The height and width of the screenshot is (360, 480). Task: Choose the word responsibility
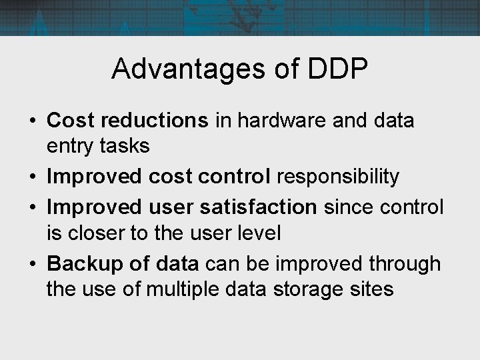338,177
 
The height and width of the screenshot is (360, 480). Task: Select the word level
261,233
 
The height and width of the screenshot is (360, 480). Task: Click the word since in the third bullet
346,207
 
